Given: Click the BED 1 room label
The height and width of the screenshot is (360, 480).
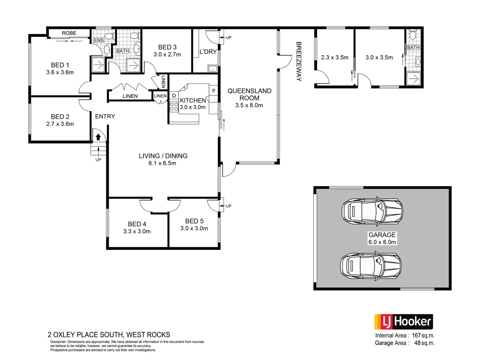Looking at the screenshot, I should coord(60,65).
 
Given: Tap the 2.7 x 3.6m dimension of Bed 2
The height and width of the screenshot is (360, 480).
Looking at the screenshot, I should coord(60,124).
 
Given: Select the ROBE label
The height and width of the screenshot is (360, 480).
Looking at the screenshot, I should coord(69,33).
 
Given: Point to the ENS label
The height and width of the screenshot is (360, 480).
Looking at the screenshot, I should coord(98,40).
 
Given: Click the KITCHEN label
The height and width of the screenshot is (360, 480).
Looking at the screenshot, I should coord(193,100).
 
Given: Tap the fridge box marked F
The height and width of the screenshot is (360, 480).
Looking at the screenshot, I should coord(214,91).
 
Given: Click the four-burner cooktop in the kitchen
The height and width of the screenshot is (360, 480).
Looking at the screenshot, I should coord(174,106).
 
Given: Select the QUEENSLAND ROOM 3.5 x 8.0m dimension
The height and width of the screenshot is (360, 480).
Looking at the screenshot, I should coord(249,105).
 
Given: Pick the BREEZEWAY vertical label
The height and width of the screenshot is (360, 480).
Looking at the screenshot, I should coord(299,61).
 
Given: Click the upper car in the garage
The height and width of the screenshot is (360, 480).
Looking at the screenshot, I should coord(372,211).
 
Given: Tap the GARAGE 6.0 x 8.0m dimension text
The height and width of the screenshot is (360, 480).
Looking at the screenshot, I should coord(382,242).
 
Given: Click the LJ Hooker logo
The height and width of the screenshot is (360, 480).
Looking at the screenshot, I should coord(403,322).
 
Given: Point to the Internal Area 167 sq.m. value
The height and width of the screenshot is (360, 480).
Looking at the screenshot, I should coord(423,335).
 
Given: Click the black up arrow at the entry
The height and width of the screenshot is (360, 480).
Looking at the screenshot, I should coord(98,137).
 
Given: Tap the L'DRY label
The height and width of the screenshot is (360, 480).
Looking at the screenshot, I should coord(208,52).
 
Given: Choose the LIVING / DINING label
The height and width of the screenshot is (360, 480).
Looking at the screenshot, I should coord(163,156).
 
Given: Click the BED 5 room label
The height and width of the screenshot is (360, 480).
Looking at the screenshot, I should coord(194,221).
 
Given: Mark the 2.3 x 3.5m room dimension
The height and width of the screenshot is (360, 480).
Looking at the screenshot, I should coord(335,57).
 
